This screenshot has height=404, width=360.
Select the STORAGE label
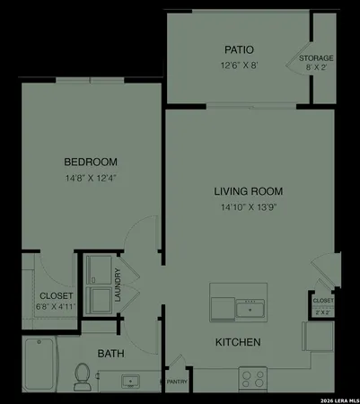click(317, 57)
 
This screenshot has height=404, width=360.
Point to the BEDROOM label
click(91, 162)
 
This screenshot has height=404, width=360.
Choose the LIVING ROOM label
click(249, 191)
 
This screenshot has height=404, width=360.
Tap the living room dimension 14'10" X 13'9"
click(249, 207)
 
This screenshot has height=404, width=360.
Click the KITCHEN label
click(238, 342)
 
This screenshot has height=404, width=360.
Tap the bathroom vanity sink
click(133, 382)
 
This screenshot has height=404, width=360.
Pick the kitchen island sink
click(250, 310)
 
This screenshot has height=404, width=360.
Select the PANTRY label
click(176, 382)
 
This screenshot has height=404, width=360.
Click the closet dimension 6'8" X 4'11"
click(56, 306)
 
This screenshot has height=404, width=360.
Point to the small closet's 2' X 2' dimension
click(321, 312)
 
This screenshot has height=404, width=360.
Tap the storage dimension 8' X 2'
click(317, 66)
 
